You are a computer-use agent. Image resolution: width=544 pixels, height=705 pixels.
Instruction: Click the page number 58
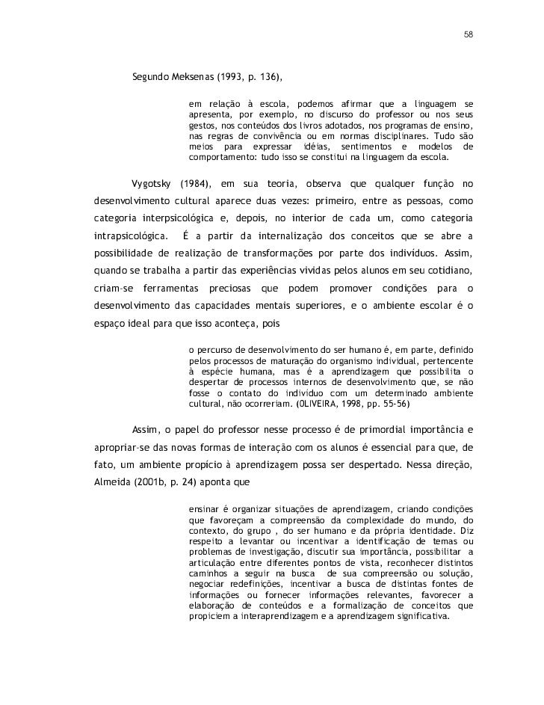(x=469, y=34)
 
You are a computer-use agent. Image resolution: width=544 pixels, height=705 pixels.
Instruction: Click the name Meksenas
(x=193, y=77)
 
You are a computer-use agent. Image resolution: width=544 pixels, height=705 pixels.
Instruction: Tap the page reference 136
(x=272, y=77)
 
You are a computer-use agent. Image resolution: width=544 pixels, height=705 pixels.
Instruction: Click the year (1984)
(x=197, y=184)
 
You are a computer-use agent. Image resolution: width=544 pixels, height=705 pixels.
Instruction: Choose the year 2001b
(x=152, y=482)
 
